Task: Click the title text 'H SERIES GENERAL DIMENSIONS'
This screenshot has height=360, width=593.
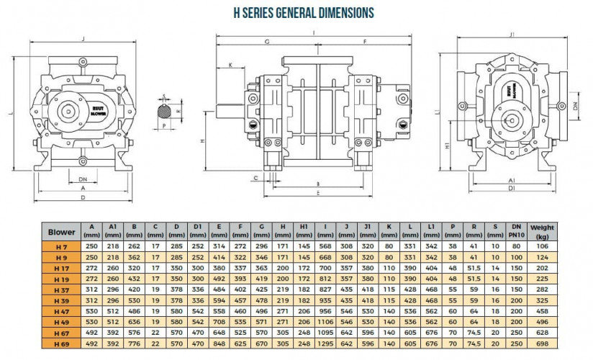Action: [x=304, y=13]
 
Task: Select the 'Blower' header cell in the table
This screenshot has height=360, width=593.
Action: [x=62, y=232]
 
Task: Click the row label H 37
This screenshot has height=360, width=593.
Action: [x=62, y=287]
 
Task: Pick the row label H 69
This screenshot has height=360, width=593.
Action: [x=62, y=343]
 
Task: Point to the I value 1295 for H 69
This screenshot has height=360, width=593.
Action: [x=325, y=343]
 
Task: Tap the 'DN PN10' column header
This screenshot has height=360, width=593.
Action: [x=516, y=232]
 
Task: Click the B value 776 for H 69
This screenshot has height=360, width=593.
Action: [x=134, y=343]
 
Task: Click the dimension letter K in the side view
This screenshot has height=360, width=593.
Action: [x=230, y=65]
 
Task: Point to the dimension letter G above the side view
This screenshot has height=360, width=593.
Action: [x=267, y=42]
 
